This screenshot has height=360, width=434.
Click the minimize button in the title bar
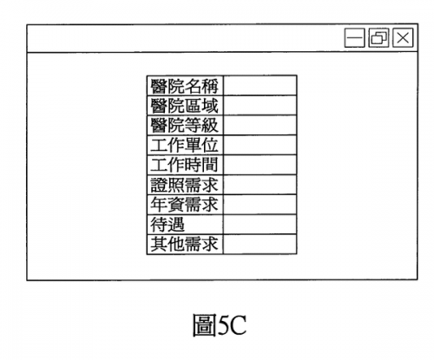[354, 37]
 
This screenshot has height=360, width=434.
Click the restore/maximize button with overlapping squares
[378, 37]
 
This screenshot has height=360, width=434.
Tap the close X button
[403, 37]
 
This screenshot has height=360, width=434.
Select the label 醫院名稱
[184, 86]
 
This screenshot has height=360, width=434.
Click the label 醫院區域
[184, 106]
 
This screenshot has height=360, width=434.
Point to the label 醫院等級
[184, 125]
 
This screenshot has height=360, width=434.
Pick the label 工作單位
[184, 145]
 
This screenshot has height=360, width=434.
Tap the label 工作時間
[184, 165]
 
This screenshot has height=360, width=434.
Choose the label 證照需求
[184, 185]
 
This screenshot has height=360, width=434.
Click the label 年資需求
[184, 205]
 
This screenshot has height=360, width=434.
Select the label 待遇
[168, 225]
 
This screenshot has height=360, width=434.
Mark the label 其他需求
[184, 245]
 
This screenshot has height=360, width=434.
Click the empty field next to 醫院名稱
[260, 86]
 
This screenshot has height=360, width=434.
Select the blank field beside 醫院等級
[260, 125]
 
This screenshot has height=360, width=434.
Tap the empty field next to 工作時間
[260, 165]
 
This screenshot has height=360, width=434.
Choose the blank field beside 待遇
[260, 225]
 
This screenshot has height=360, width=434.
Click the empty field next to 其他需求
[260, 245]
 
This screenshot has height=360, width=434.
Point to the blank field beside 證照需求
[260, 185]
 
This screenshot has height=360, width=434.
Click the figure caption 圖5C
[220, 325]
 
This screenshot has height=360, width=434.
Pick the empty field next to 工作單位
[260, 145]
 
